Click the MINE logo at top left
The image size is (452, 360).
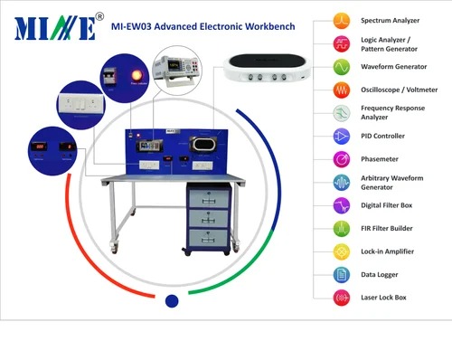(x=55, y=27)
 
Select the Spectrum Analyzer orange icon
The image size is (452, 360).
(x=341, y=19)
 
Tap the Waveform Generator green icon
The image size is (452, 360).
(x=341, y=66)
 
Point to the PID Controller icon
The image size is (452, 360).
(x=341, y=136)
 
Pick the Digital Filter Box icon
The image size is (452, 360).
(x=341, y=204)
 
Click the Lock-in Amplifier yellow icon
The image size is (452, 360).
(x=341, y=251)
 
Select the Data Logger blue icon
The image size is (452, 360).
(x=341, y=274)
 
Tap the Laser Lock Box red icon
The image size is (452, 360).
(x=341, y=297)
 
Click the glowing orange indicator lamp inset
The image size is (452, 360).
(x=124, y=72)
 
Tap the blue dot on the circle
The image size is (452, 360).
(x=172, y=300)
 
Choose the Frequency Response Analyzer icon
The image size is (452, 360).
(x=341, y=112)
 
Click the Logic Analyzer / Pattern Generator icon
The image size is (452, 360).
(x=341, y=43)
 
